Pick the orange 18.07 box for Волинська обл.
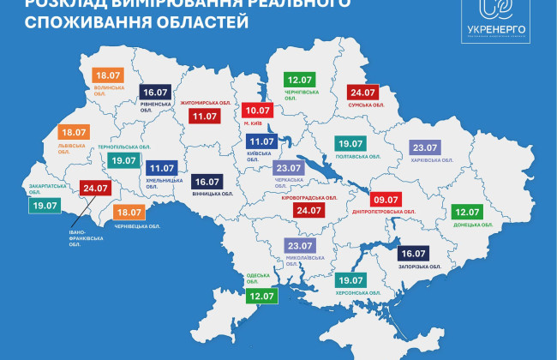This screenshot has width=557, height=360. [109, 75]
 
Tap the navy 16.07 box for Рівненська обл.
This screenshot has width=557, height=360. [156, 92]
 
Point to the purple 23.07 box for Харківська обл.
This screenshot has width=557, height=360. [425, 147]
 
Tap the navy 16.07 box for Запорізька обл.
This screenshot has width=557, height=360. [415, 255]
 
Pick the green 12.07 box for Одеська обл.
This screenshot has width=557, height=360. [260, 296]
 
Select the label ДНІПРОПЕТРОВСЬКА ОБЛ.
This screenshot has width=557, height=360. [385, 211]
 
